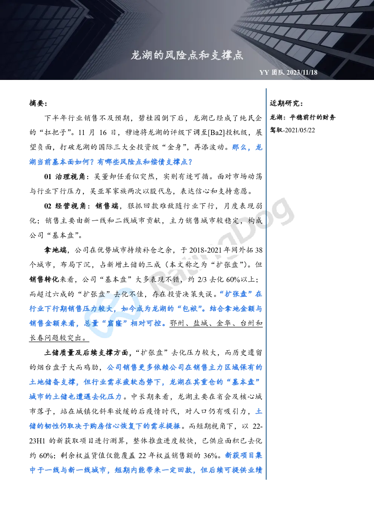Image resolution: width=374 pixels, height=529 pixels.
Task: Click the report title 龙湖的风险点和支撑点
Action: pos(187,55)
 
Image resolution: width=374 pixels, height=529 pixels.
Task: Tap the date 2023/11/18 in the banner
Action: pos(302,72)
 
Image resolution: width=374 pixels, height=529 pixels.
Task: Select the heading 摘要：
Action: pos(38,103)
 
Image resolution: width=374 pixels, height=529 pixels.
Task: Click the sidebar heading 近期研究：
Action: pos(286,103)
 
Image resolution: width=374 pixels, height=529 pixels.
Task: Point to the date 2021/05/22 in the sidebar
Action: pos(300,130)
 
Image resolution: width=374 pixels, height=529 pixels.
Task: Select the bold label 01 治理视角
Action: pos(64,176)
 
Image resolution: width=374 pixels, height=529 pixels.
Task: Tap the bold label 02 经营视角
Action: pos(64,206)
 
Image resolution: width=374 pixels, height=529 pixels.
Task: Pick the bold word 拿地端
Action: pos(55,250)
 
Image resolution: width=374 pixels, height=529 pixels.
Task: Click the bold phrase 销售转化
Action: pos(44,279)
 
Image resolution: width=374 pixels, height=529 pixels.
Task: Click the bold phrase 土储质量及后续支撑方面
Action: pos(86,353)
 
